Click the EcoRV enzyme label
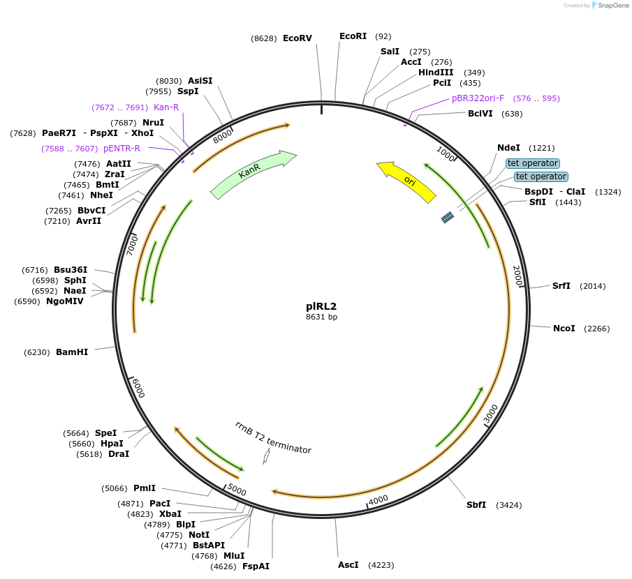[297, 38]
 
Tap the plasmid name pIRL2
[321, 306]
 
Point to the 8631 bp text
[321, 317]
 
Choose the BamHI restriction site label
[72, 352]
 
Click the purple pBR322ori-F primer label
[478, 98]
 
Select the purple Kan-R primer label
[166, 107]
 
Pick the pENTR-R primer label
[122, 149]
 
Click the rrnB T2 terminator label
[273, 437]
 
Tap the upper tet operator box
[533, 163]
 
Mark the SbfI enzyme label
[476, 505]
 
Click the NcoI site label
[564, 329]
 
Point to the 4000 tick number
[379, 499]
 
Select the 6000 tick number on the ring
[138, 388]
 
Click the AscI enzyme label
[348, 564]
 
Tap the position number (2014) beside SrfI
[593, 286]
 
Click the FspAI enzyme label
[256, 566]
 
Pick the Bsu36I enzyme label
[71, 270]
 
